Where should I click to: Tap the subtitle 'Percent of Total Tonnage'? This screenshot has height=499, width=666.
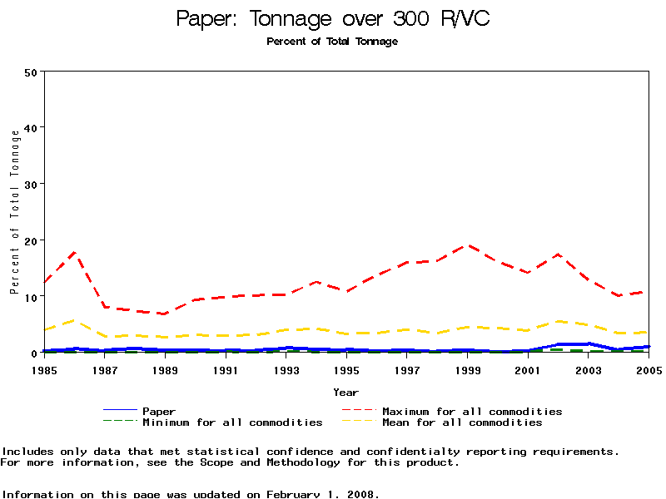(332, 42)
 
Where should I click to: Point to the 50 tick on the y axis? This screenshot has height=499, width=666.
(32, 72)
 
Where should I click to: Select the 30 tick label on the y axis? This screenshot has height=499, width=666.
(32, 184)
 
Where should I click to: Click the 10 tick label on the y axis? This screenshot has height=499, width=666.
(32, 297)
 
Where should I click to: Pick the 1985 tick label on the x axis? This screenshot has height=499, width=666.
(45, 369)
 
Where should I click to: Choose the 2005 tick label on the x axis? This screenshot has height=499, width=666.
(649, 369)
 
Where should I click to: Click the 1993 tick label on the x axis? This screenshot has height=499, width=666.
(287, 369)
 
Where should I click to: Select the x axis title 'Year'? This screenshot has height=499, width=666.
(346, 392)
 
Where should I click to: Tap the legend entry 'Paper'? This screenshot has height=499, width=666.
(159, 411)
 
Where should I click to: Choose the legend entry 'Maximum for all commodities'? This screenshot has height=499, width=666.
(472, 411)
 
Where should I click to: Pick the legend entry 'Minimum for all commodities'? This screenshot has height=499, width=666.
(232, 422)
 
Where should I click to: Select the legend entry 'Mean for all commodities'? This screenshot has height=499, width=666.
(462, 422)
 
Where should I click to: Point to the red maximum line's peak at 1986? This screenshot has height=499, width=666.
(75, 251)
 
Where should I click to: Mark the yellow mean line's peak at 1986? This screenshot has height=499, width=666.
(75, 320)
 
